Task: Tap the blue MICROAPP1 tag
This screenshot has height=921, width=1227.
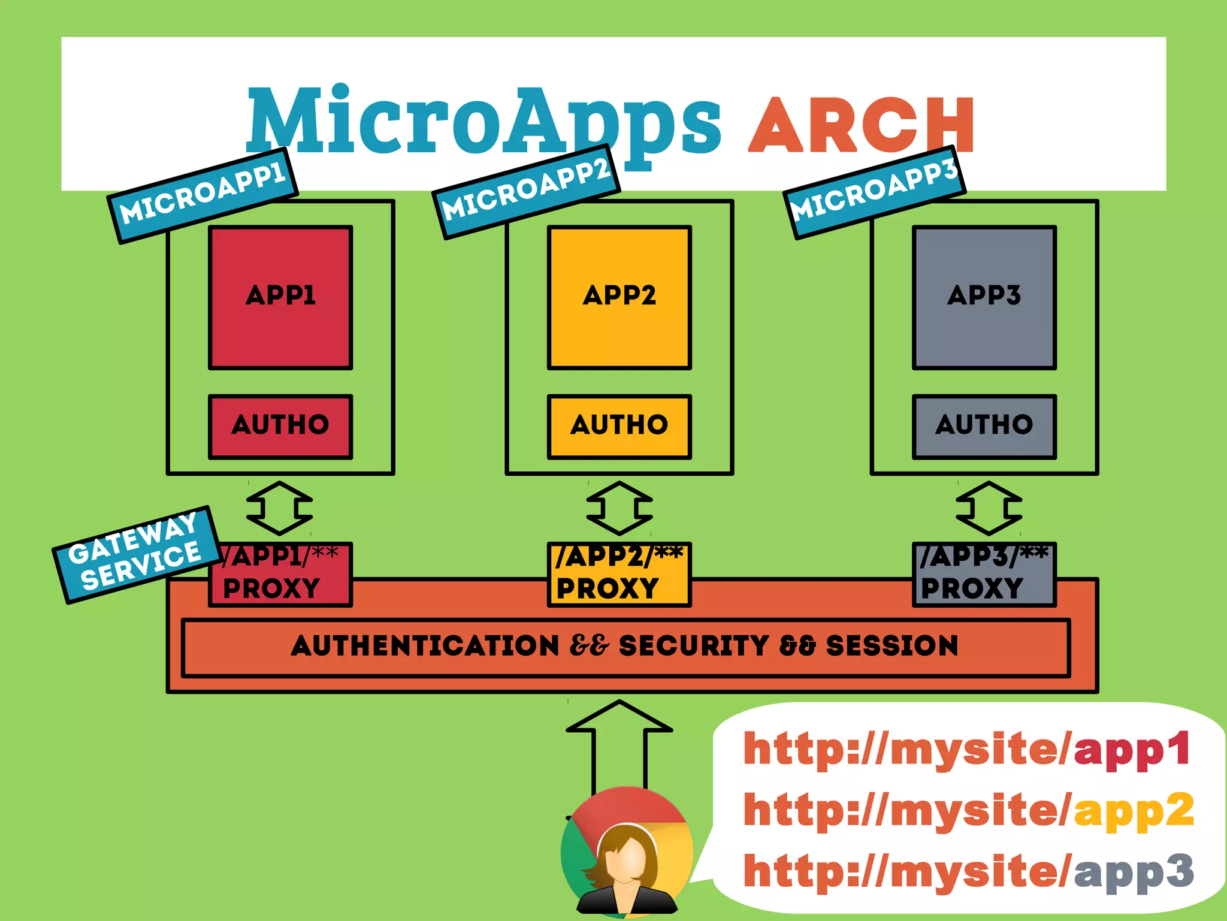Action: pos(203,195)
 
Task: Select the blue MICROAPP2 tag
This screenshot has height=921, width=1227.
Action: pos(526,191)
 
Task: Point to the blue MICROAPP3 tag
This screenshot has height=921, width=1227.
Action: pos(874,192)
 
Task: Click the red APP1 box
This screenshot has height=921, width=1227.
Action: pos(280,297)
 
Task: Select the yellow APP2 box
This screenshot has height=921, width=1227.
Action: pos(619,297)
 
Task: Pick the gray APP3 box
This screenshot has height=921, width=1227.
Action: pos(984,297)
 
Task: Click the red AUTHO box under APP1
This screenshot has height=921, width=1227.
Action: pos(280,426)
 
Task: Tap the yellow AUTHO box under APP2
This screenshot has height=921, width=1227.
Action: pos(619,426)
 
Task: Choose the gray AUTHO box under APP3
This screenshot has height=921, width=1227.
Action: pos(984,426)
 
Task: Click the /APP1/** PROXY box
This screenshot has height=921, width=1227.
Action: pos(280,574)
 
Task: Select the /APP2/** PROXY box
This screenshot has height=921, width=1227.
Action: pos(619,574)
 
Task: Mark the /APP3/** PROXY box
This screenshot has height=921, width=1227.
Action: pos(984,574)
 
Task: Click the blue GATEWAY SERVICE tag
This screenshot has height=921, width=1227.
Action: pos(135,554)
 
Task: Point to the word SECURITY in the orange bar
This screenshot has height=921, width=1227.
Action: pos(693,646)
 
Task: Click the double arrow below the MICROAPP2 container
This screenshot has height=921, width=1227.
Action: pos(619,508)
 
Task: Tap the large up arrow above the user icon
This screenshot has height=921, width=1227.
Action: pos(619,743)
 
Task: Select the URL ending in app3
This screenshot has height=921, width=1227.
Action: pos(968,872)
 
